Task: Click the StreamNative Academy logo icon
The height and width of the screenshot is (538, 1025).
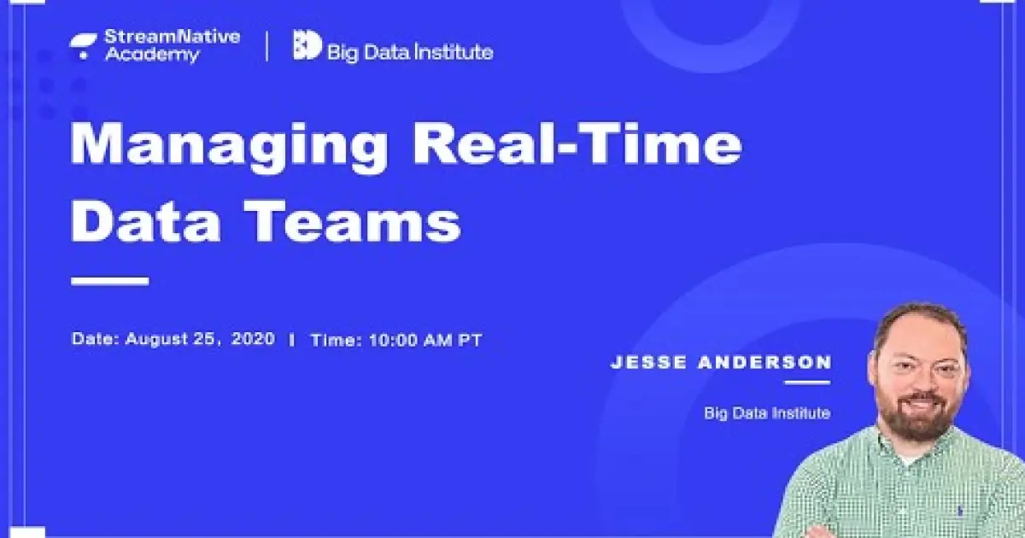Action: (83, 46)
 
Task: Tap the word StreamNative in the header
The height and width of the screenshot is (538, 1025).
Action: (172, 37)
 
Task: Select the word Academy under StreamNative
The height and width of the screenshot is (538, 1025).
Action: (152, 55)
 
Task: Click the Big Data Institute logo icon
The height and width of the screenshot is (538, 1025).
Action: (307, 44)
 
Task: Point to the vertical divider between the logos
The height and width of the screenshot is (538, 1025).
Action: (266, 46)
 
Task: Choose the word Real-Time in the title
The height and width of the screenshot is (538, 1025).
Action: (577, 143)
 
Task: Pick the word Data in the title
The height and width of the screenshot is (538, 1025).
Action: (145, 221)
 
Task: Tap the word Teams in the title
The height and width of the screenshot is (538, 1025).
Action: (352, 221)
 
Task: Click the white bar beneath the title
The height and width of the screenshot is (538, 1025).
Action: (110, 281)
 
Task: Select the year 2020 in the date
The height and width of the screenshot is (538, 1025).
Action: (253, 338)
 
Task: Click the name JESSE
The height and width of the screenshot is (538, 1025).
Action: (648, 362)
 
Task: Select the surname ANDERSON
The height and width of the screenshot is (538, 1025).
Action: (764, 362)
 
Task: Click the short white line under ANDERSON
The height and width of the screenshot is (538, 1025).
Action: (808, 383)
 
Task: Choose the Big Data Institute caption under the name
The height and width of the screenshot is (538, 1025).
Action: (767, 413)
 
